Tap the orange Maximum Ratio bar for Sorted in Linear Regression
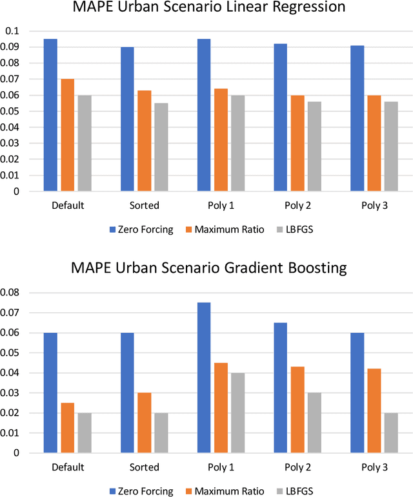144,141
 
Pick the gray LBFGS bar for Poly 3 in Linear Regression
390,146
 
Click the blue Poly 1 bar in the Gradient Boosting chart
203,377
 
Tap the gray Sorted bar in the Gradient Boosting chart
161,432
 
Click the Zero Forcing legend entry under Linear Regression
141,229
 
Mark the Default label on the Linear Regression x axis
67,205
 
